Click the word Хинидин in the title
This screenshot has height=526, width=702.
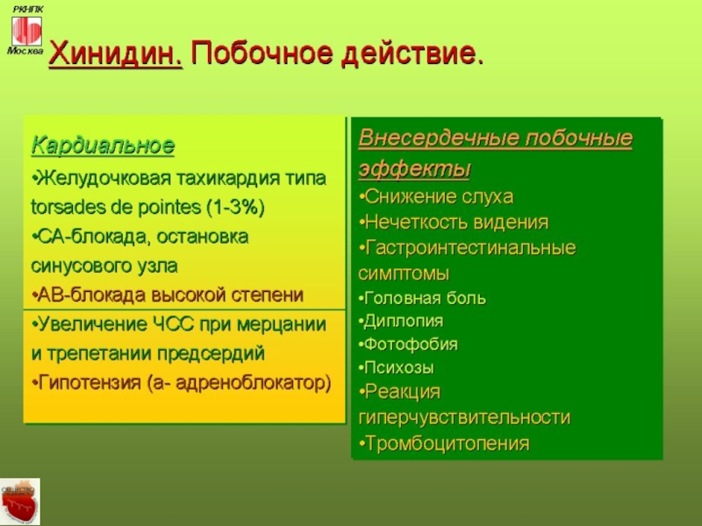click(116, 53)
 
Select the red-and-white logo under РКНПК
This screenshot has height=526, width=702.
click(27, 31)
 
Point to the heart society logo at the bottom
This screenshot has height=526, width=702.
click(20, 501)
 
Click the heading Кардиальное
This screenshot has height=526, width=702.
click(103, 146)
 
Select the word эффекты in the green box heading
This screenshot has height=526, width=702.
click(414, 169)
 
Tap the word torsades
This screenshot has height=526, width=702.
click(65, 207)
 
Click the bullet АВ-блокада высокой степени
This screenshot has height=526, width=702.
click(168, 295)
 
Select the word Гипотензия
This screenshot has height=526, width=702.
click(90, 383)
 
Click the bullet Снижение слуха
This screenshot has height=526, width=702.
click(436, 196)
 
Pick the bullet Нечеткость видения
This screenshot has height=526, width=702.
click(454, 223)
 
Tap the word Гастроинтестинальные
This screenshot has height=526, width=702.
click(470, 248)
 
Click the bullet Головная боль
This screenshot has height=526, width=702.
click(422, 298)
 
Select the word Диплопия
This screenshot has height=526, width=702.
click(404, 321)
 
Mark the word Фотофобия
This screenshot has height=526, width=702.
click(411, 345)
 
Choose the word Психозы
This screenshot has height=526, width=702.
click(399, 367)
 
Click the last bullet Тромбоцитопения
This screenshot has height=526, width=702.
click(444, 444)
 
